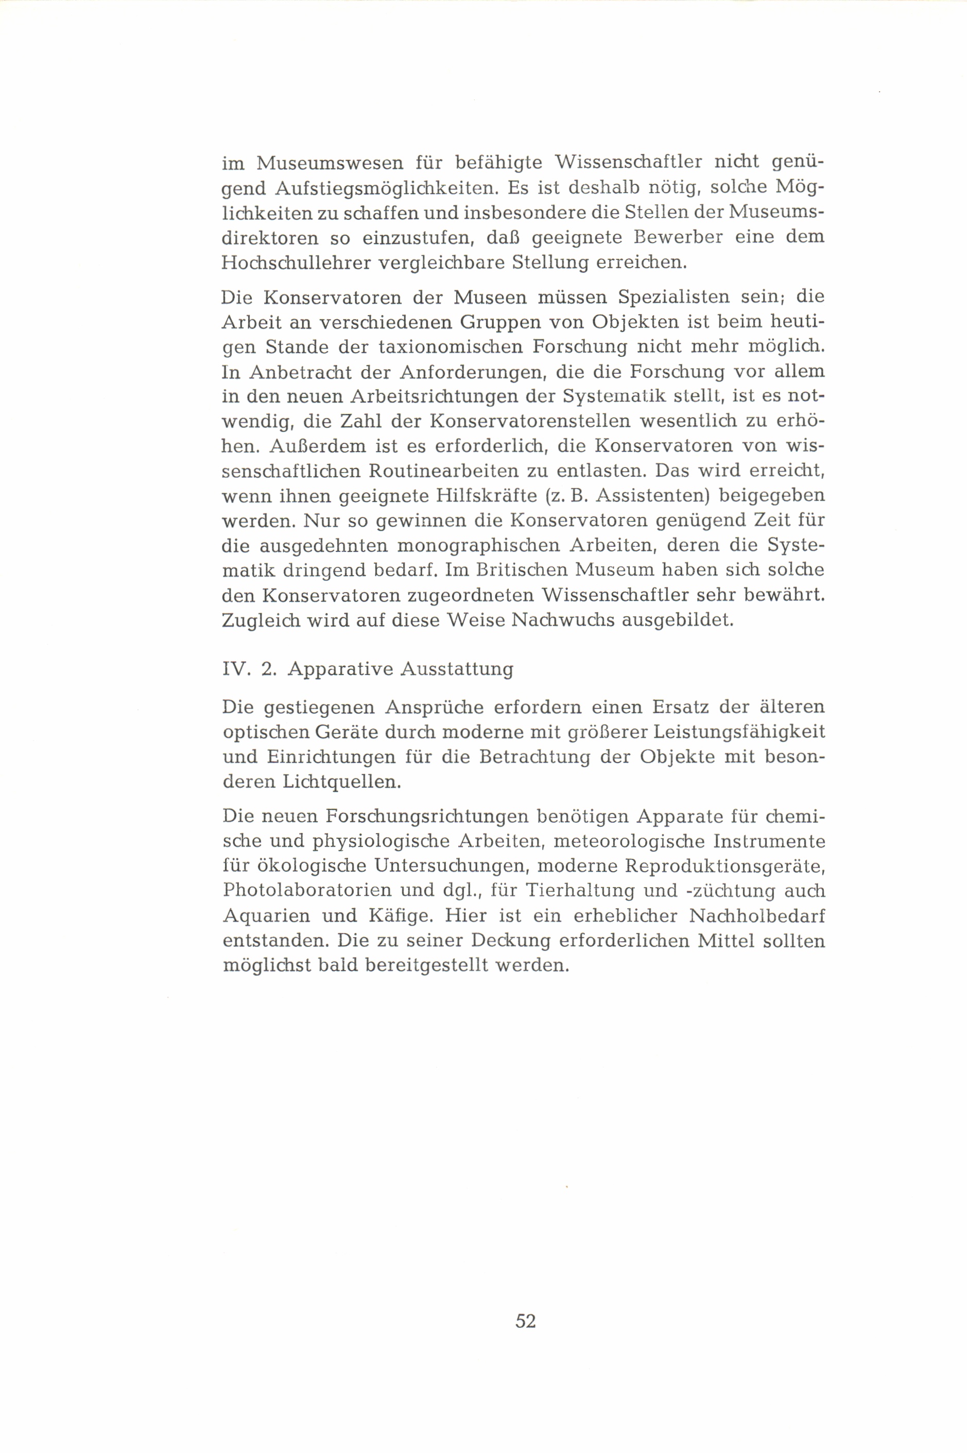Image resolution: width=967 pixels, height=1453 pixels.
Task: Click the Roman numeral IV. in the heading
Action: click(x=235, y=669)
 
